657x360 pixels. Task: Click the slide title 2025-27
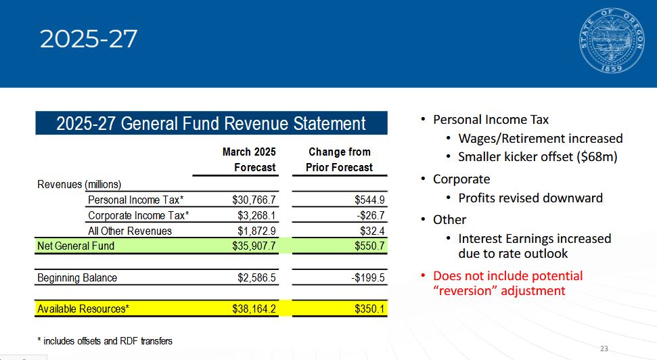89,39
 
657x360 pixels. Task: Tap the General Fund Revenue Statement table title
211,124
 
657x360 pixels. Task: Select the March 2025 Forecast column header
249,160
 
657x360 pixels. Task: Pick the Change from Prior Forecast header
340,160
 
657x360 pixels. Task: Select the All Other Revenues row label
130,231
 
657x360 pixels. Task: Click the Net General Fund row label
76,246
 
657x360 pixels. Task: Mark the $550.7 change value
369,246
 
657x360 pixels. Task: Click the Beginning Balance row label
77,278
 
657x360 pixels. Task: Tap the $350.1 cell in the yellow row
369,309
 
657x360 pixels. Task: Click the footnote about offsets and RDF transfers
105,341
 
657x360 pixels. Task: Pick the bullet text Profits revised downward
530,198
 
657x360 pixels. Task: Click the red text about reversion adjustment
507,284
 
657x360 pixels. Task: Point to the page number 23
604,348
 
